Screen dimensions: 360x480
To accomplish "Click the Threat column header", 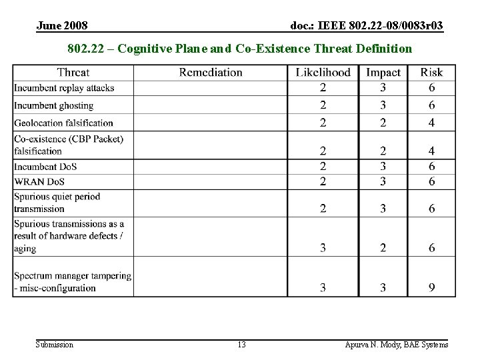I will pos(73,72).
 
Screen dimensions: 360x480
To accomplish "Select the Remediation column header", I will pos(211,72).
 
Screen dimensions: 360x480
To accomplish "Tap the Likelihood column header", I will pos(323,72).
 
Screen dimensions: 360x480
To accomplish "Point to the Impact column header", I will pos(383,72).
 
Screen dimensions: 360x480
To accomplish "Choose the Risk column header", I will pos(431,72).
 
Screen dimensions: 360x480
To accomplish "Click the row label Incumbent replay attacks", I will pos(64,88).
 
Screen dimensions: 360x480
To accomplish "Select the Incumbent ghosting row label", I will pos(54,105).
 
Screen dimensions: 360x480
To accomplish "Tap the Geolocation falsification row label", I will pos(64,123).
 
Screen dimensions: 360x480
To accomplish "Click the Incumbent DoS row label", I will pos(45,167).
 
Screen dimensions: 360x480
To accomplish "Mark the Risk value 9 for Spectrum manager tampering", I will pos(432,287).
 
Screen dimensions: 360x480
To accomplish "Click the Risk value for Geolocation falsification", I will pos(432,123).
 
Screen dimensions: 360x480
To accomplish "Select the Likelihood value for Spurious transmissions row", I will pos(323,248).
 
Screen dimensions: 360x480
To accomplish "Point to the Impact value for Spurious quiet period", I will pos(383,209).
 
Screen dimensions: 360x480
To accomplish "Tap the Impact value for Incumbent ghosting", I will pos(383,105).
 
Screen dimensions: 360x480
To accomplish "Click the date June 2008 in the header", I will pos(62,25).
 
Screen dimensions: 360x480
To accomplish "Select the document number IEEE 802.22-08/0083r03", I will pos(367,25).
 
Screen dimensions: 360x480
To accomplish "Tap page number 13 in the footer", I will pos(241,345).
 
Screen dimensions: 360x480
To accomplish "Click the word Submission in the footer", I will pos(55,345).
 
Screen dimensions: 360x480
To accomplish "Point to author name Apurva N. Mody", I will pos(397,345).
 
